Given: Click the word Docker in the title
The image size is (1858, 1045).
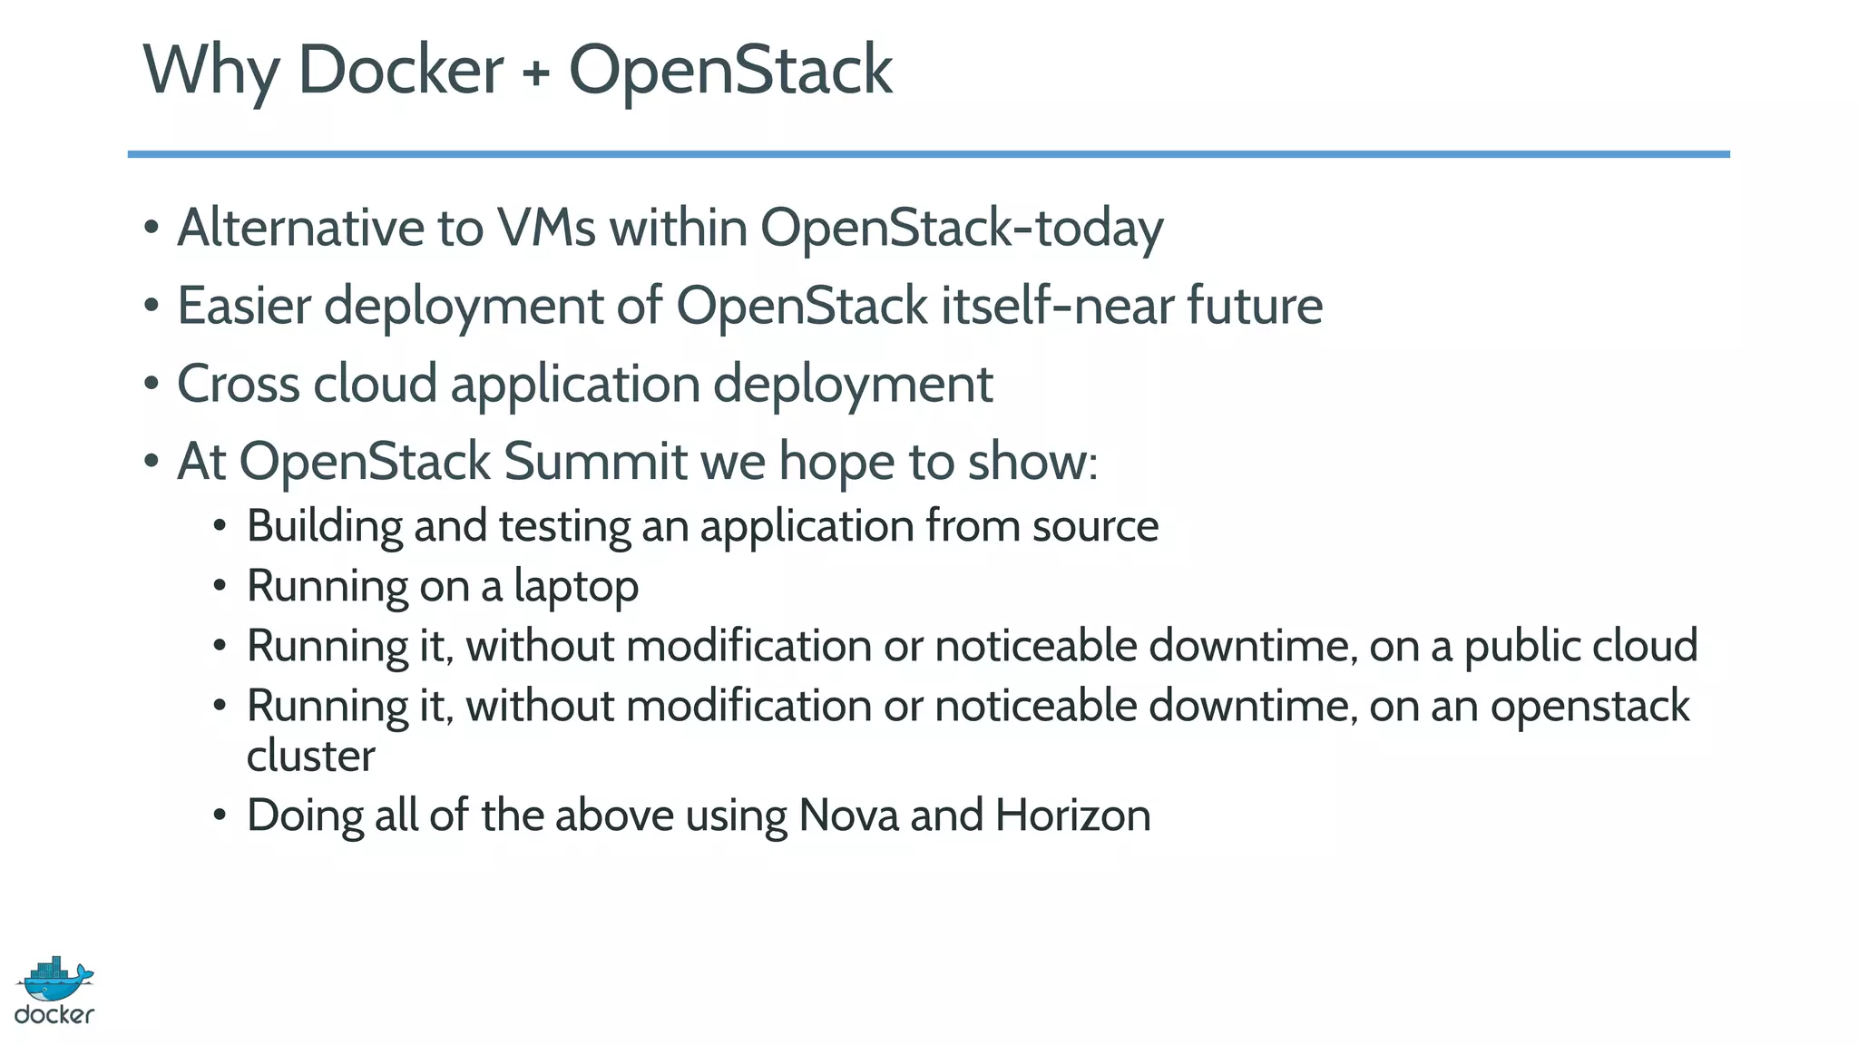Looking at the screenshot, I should point(400,70).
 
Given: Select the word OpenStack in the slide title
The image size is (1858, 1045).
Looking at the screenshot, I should point(730,72).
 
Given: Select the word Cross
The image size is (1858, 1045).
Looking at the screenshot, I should point(238,383).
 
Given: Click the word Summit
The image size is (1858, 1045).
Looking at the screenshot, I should point(595,461).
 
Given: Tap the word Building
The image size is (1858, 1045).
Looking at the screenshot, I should point(325,527).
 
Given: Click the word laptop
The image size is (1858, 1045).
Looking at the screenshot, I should point(576,587).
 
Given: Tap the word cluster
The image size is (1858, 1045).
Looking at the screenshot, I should point(310,756).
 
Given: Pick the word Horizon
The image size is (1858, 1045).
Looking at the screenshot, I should point(1072,815).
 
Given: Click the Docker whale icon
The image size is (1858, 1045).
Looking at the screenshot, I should point(54,979).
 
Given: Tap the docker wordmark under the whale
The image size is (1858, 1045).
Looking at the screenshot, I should point(54,1014).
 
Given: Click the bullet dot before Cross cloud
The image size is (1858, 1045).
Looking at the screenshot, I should point(152,384).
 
